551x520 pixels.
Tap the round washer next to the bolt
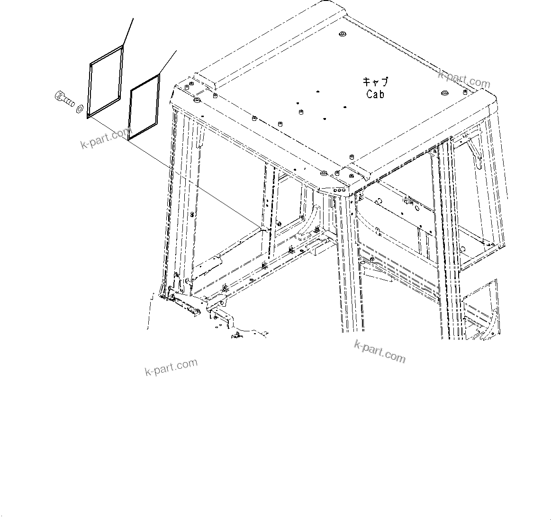[x=79, y=109]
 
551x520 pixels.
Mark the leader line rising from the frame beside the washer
[x=128, y=31]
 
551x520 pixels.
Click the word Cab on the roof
[x=375, y=94]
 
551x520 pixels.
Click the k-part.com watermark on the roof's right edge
[x=464, y=79]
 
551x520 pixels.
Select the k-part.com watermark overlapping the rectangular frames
[x=105, y=137]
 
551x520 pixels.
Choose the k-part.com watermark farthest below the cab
[x=171, y=367]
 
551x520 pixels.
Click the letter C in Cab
[x=369, y=94]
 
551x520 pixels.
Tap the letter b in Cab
[x=381, y=94]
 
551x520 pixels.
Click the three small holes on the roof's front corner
[x=339, y=189]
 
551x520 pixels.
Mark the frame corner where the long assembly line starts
[x=88, y=118]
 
